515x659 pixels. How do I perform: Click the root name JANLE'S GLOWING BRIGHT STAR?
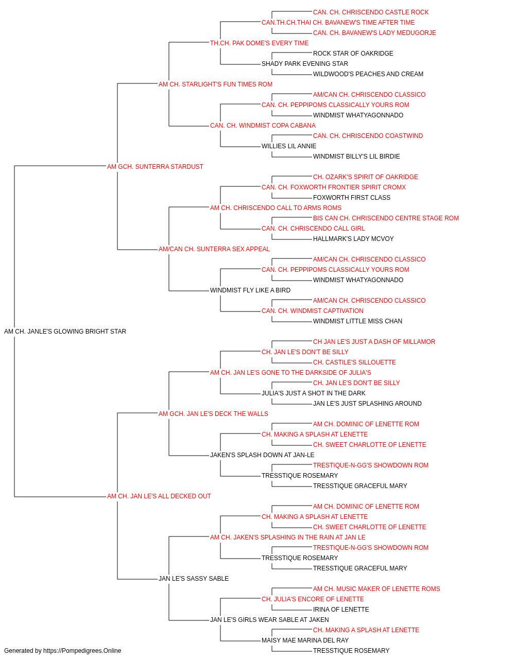65,332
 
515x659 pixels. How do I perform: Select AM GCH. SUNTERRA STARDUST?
155,167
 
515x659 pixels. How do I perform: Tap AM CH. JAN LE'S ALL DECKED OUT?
159,496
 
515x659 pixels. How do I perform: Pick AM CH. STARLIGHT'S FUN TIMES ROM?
215,84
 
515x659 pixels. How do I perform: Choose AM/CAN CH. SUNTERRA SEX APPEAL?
214,249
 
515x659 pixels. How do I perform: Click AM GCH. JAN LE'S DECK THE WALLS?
213,413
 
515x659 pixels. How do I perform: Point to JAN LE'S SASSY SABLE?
194,579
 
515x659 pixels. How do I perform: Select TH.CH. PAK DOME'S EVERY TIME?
260,43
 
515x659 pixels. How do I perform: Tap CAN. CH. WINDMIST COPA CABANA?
263,126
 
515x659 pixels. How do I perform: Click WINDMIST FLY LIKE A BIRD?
250,290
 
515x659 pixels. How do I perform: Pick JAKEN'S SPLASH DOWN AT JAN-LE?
262,455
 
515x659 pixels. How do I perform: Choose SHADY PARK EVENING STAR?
305,64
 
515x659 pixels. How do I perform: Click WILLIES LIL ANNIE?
289,146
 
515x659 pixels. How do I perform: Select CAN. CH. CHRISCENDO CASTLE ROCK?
371,12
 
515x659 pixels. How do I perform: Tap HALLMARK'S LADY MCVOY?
353,239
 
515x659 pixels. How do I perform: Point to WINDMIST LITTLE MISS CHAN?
357,321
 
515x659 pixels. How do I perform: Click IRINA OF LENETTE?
341,610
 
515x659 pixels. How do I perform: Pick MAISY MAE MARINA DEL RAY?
305,640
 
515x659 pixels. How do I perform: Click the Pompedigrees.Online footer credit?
62,651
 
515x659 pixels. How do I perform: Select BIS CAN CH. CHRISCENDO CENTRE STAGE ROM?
386,218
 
